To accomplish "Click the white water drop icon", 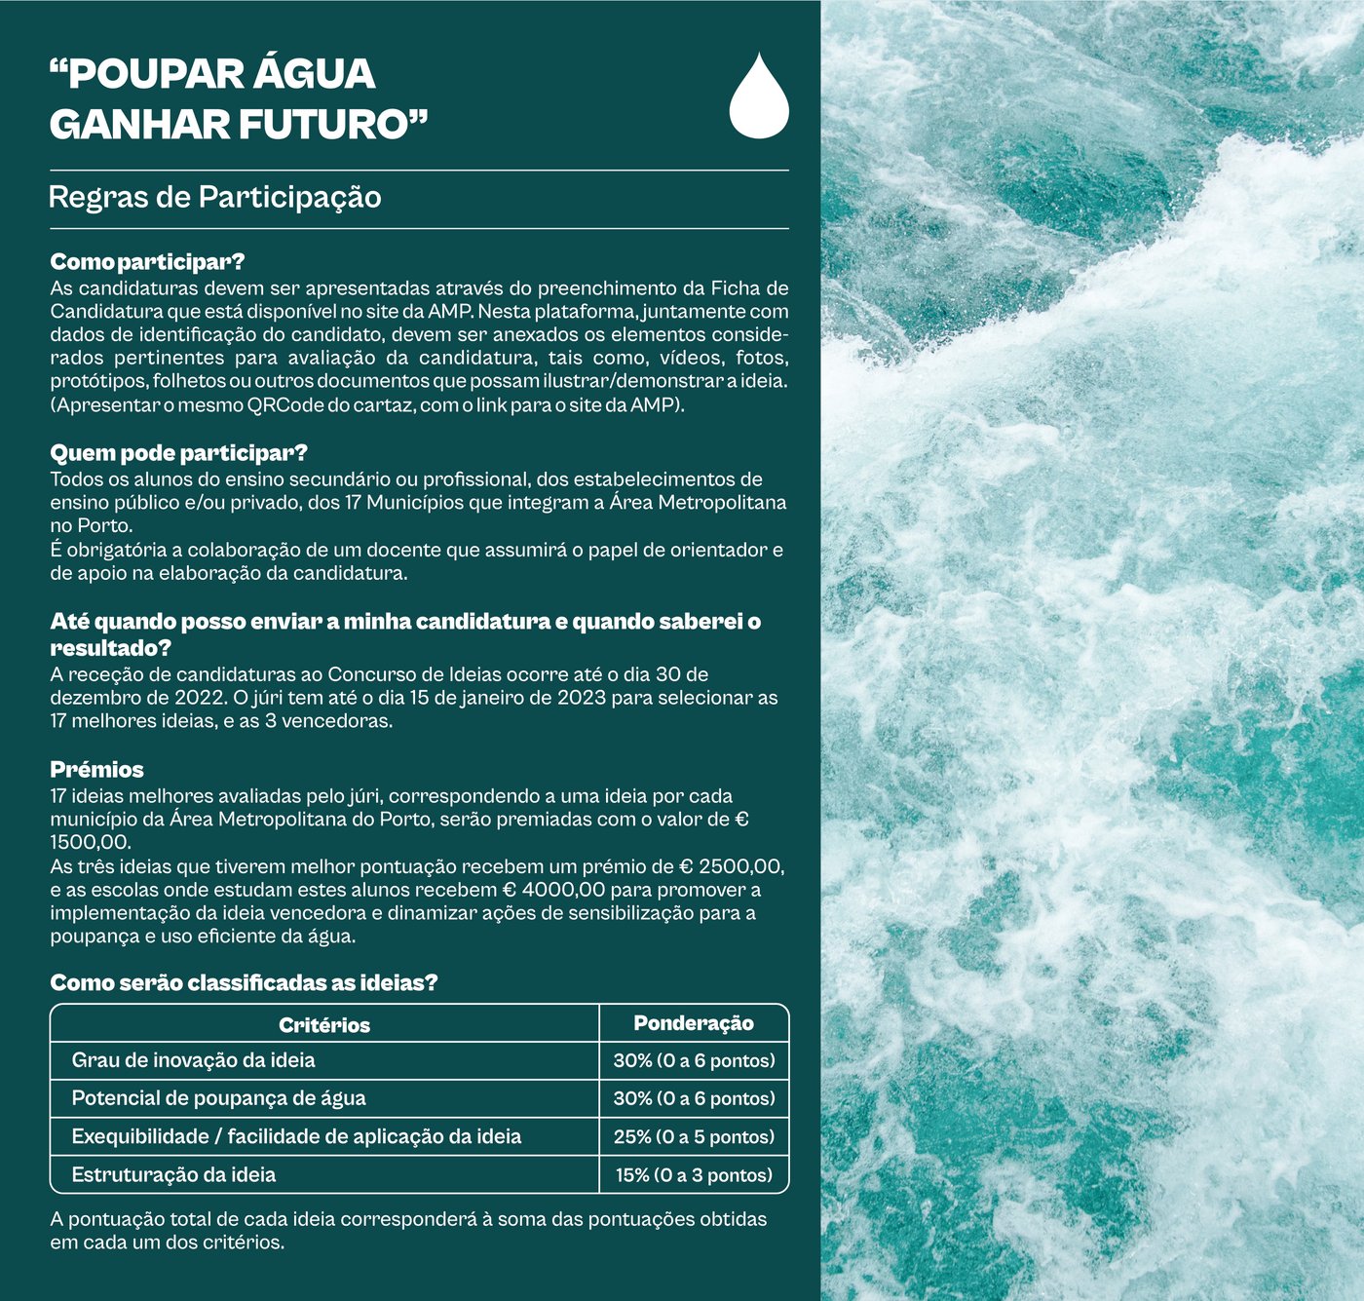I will pyautogui.click(x=759, y=97).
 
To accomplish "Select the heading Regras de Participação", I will pyautogui.click(x=214, y=198).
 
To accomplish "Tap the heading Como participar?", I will pyautogui.click(x=147, y=262).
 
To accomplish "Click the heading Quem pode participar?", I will pyautogui.click(x=178, y=453).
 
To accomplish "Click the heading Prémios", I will pyautogui.click(x=96, y=770).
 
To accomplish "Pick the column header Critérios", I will pyautogui.click(x=324, y=1025).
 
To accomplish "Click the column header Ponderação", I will pyautogui.click(x=694, y=1023).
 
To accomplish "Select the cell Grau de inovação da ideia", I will pyautogui.click(x=193, y=1060).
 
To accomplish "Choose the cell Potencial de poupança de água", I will pyautogui.click(x=218, y=1098).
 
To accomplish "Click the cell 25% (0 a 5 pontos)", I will pyautogui.click(x=694, y=1137).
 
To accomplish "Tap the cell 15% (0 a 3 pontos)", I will pyautogui.click(x=694, y=1175).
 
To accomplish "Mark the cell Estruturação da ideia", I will pyautogui.click(x=173, y=1175).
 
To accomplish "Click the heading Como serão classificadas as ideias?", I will pyautogui.click(x=244, y=982).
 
